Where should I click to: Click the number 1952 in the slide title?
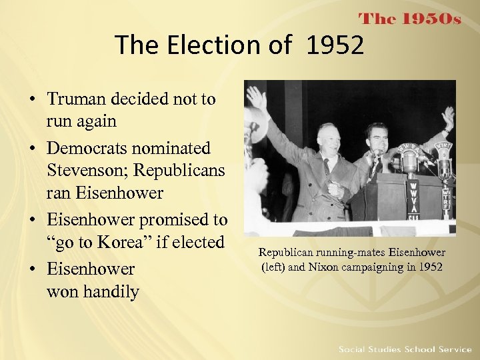coord(335,45)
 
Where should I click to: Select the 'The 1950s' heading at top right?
coord(409,19)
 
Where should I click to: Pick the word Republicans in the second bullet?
coord(180,171)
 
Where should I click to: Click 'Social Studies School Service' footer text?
coord(405,349)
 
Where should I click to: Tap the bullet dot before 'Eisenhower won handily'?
coord(32,269)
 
